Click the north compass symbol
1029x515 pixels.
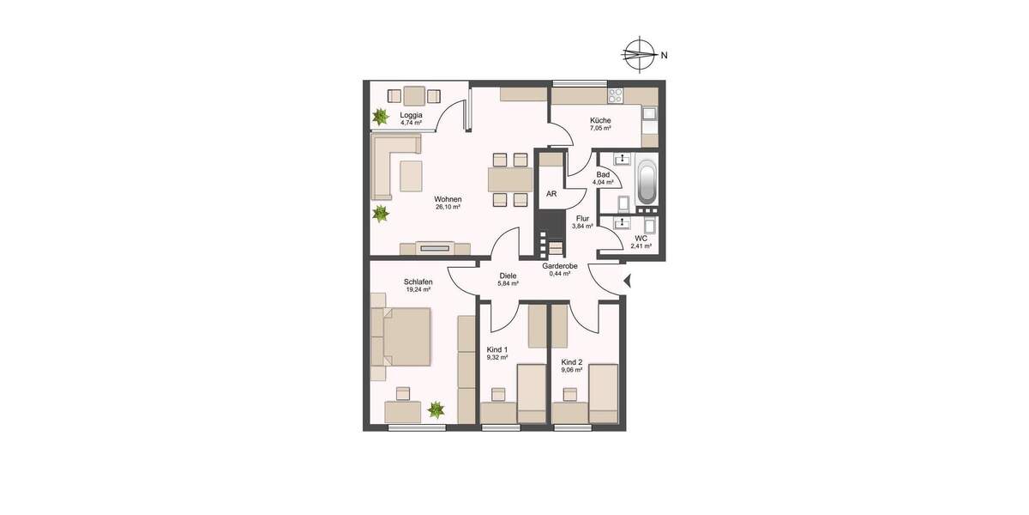[x=635, y=54]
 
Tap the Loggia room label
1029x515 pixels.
[x=412, y=115]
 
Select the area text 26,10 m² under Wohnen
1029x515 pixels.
[x=448, y=208]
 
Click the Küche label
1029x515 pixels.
[x=600, y=120]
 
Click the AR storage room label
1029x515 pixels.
[x=551, y=194]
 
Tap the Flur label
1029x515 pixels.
[x=582, y=218]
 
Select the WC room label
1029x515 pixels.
[x=641, y=238]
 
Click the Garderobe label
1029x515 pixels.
[x=560, y=266]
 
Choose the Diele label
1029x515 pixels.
[x=508, y=276]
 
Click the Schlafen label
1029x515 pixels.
[x=418, y=282]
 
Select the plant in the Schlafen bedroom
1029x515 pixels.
[x=437, y=410]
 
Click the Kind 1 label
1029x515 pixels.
[x=497, y=349]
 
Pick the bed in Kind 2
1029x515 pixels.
[x=604, y=391]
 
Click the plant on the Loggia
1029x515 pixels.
[x=379, y=116]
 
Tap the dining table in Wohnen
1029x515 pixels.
[x=508, y=179]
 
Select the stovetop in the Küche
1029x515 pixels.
[x=616, y=93]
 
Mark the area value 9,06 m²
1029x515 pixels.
[x=572, y=370]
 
